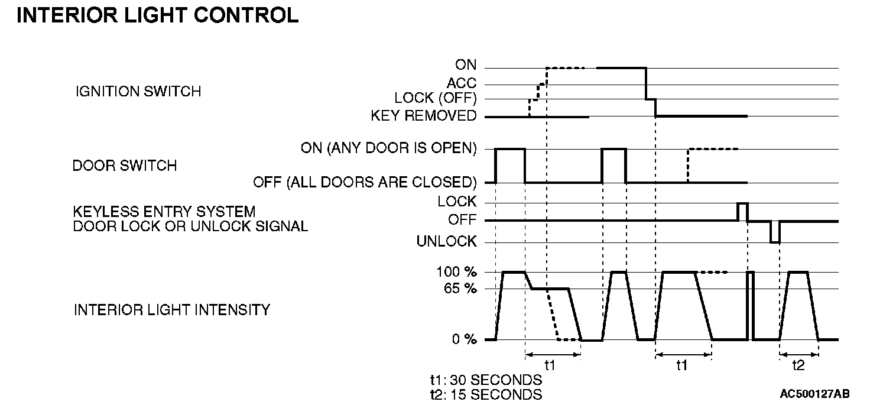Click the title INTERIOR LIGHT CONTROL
click(x=158, y=16)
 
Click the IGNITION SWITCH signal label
click(x=138, y=92)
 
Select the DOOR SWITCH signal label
click(x=124, y=166)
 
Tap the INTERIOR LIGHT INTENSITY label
click(x=171, y=309)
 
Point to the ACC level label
click(x=462, y=84)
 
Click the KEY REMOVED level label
click(x=423, y=116)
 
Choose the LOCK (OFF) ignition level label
click(x=435, y=99)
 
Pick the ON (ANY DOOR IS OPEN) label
click(x=388, y=148)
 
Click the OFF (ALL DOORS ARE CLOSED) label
click(x=365, y=182)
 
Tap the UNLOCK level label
click(x=446, y=241)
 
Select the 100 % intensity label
click(x=457, y=272)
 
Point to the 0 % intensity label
click(x=463, y=339)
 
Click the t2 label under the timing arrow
click(x=798, y=365)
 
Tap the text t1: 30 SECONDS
click(x=486, y=380)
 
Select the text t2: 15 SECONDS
click(x=486, y=394)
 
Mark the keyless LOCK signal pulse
click(x=742, y=211)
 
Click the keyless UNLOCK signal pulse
click(x=775, y=232)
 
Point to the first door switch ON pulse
click(x=510, y=166)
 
